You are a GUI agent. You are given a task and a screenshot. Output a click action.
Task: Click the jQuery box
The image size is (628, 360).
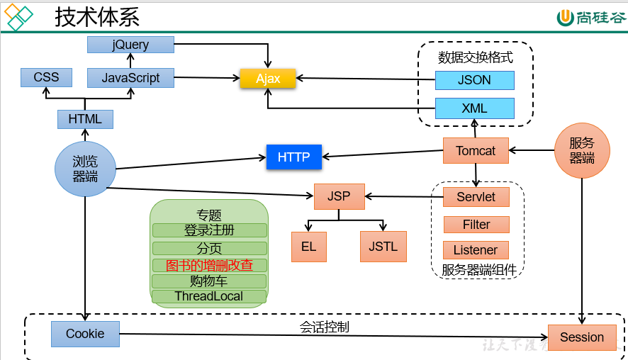point(130,45)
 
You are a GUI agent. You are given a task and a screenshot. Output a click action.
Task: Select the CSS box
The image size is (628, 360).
point(46,77)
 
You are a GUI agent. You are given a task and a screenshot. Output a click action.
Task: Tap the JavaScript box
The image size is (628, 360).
point(130,78)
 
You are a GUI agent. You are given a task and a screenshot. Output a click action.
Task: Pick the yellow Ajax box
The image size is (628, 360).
point(268,79)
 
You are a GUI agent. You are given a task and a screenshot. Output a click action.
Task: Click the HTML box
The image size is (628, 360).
point(85,119)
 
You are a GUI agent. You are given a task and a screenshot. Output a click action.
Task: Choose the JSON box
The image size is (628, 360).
point(474,80)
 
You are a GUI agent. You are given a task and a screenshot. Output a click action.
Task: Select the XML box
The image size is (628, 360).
point(474,108)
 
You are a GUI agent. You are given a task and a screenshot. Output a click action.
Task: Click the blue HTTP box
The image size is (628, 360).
point(293,157)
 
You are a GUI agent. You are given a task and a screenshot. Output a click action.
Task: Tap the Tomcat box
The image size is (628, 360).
point(476,151)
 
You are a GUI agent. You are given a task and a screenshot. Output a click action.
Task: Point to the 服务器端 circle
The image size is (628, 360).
point(581,151)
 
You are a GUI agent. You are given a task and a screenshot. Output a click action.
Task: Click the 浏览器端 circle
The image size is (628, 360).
point(85,169)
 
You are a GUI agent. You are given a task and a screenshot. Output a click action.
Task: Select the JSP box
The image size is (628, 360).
point(339,196)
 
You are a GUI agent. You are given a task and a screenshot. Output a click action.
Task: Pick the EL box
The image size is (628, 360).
point(308,247)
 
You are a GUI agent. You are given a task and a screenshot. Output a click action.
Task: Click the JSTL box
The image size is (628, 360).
point(383,247)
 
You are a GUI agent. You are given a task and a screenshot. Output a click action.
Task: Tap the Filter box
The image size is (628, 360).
point(476,225)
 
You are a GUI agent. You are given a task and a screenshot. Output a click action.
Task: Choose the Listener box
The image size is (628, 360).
point(476,250)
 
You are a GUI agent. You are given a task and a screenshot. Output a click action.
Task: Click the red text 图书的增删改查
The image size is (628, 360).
point(209,265)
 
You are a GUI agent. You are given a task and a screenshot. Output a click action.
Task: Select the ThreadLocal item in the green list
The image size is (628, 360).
point(209,296)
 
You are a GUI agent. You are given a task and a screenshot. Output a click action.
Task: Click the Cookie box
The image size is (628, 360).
point(85,334)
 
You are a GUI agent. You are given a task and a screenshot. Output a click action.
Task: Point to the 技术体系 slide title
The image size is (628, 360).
point(97,17)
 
